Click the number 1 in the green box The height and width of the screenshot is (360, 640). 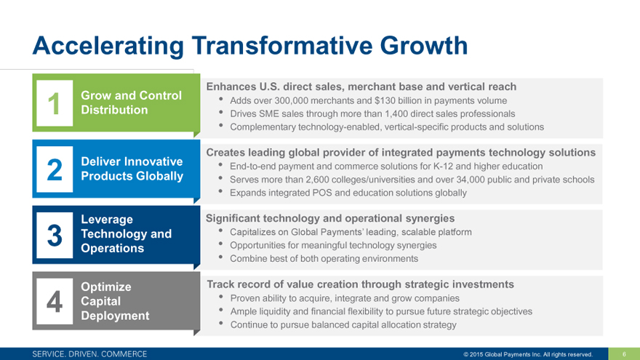coord(55,104)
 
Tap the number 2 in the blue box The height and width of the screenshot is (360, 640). coord(55,169)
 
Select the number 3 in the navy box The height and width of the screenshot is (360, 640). coord(55,236)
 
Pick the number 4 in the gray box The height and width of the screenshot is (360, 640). coord(55,302)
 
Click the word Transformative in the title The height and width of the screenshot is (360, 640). coord(282,45)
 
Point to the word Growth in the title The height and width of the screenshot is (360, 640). coord(424,45)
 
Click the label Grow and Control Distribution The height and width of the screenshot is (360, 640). coord(131,103)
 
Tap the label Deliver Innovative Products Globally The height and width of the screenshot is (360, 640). coord(132,169)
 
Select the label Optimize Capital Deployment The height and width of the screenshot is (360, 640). coord(115,301)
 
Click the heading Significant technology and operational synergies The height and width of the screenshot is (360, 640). coord(330,218)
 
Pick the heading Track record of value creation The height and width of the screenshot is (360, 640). coord(361,284)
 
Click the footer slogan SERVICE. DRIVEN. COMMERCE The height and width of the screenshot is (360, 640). coord(89,354)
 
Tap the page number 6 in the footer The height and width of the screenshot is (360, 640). coord(624,354)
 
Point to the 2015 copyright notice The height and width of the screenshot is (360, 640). coord(528,354)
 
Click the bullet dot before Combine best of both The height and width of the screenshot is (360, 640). coord(221,257)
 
